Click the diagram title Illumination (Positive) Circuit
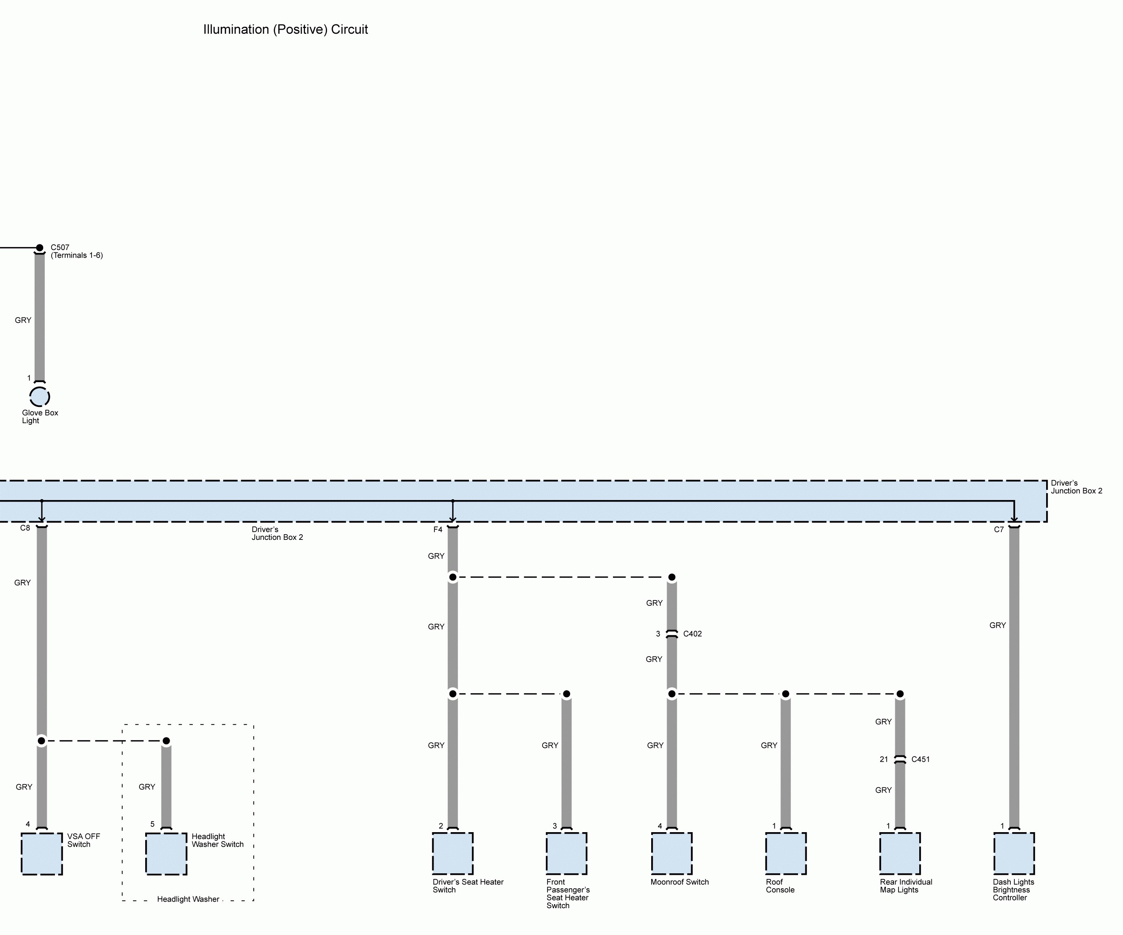285,29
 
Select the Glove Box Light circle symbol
39,397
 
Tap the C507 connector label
60,248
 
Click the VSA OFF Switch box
42,853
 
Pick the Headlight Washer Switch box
166,853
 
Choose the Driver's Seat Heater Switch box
452,853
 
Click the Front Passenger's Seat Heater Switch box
566,853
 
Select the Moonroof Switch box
672,853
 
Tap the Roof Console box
785,853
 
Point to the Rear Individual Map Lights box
900,853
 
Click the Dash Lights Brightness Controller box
1014,853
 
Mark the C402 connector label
693,634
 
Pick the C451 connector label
920,759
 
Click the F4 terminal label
438,530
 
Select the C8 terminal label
25,528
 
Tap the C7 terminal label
999,530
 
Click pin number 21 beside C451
884,759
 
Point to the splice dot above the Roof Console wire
785,694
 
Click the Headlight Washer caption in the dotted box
188,899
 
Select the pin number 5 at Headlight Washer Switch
153,824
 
